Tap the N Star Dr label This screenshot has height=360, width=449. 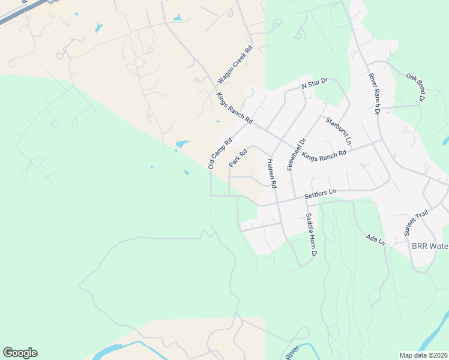(315, 83)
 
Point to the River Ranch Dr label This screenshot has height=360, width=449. (374, 94)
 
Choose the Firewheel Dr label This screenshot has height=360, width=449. (297, 154)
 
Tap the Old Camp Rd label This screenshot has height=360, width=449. (220, 154)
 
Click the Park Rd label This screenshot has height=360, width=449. (238, 158)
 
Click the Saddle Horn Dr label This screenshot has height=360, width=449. (310, 235)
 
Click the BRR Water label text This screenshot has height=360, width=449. (430, 247)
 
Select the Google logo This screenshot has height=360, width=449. (20, 353)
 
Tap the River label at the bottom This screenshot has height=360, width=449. (292, 353)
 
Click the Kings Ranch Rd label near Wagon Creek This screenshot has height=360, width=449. (235, 109)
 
